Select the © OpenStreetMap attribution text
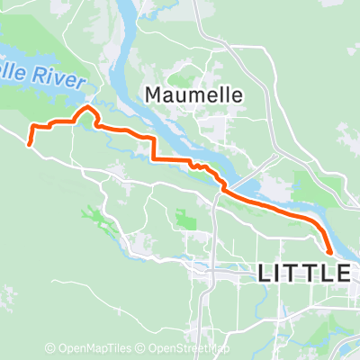pos(183,348)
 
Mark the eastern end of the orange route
pos(330,254)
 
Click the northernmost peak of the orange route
pos(88,108)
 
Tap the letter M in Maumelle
pos(154,93)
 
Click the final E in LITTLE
pos(341,274)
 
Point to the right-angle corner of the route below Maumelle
pos(154,159)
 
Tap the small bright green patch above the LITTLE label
pos(186,219)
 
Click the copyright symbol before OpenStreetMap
pos(144,348)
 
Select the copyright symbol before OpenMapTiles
pos(51,348)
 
